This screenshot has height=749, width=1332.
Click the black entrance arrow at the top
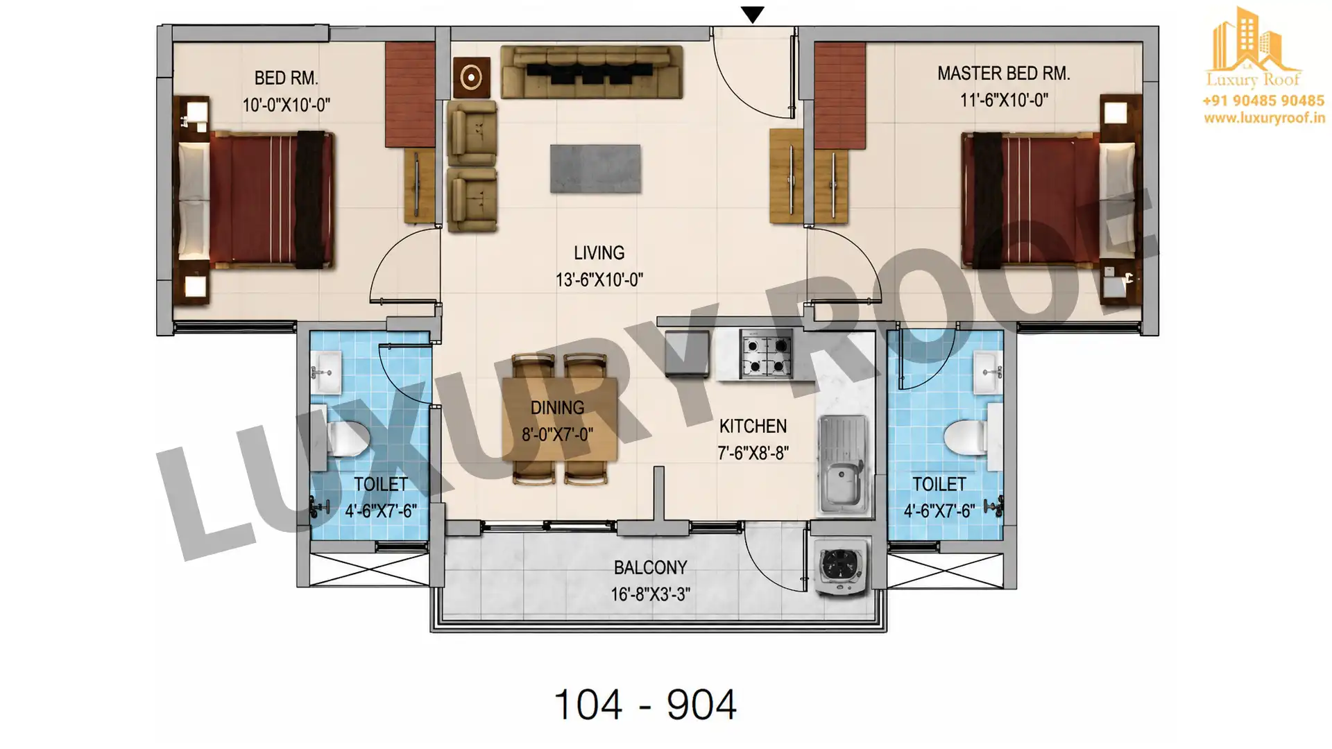tap(753, 14)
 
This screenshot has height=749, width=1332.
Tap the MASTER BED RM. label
tap(1003, 74)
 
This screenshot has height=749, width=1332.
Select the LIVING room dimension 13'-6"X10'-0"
tap(599, 279)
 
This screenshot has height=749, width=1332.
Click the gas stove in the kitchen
tap(766, 354)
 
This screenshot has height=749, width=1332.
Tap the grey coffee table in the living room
tap(595, 169)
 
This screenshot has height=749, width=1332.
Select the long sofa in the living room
tap(592, 72)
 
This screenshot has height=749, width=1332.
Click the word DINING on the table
tap(557, 407)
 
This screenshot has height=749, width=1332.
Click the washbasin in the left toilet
tap(326, 372)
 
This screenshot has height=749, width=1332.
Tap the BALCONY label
tap(650, 567)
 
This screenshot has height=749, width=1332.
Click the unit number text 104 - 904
tap(645, 705)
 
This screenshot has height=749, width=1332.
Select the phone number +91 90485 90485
tap(1263, 101)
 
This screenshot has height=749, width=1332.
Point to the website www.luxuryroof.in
tap(1264, 119)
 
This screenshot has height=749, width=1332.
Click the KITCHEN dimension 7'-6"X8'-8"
tap(753, 453)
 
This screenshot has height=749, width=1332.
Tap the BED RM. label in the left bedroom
tap(286, 78)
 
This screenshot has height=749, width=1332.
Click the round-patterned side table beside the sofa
tap(472, 78)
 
